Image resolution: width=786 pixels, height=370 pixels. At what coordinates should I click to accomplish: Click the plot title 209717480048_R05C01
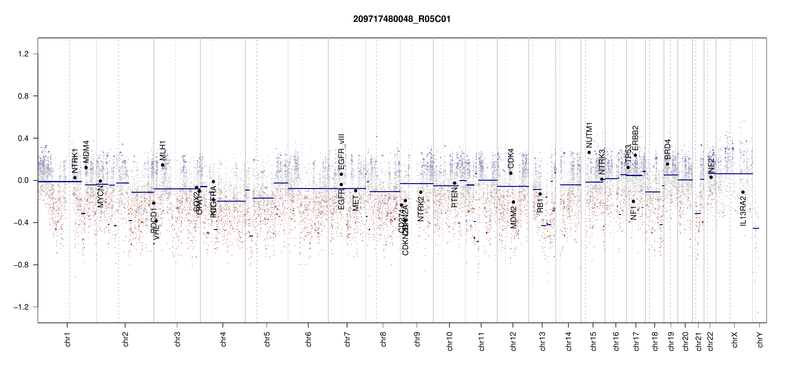tap(402, 19)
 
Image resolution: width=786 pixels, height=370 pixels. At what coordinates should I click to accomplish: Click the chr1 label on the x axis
tap(68, 339)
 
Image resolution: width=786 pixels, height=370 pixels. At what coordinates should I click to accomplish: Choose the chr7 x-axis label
tap(347, 339)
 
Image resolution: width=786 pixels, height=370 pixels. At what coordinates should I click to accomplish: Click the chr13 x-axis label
tap(542, 341)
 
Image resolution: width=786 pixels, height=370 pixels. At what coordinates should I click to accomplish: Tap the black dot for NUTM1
tap(589, 152)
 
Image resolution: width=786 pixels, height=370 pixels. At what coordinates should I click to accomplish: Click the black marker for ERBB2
tap(635, 155)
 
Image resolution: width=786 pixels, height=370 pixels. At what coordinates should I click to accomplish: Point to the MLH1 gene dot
tap(163, 165)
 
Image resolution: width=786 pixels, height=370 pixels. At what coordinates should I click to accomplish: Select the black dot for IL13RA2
tap(743, 192)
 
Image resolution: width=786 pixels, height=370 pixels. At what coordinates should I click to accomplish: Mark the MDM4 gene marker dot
tap(86, 168)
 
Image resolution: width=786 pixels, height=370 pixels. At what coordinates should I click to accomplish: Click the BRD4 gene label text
tap(667, 150)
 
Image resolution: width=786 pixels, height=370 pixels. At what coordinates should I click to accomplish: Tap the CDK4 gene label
tap(511, 158)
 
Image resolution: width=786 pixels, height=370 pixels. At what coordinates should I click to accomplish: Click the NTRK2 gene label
tap(421, 209)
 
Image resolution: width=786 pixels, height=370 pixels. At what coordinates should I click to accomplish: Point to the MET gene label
tap(356, 203)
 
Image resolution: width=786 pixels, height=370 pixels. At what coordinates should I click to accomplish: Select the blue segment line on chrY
tap(756, 228)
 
